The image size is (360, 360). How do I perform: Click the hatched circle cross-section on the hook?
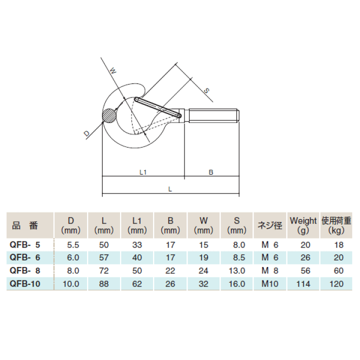tap(109, 115)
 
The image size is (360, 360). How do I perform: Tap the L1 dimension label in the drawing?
tap(143, 172)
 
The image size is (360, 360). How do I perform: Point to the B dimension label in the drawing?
tap(211, 172)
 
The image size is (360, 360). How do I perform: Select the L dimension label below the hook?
tap(170, 189)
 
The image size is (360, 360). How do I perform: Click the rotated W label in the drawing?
tap(113, 70)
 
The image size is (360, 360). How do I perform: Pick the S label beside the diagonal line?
tap(206, 90)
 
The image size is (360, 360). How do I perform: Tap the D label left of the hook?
tap(86, 133)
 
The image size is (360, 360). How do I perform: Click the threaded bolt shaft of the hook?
tap(214, 115)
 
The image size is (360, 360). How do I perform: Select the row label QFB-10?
tap(25, 284)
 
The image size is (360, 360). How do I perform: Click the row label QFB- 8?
tap(25, 270)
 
